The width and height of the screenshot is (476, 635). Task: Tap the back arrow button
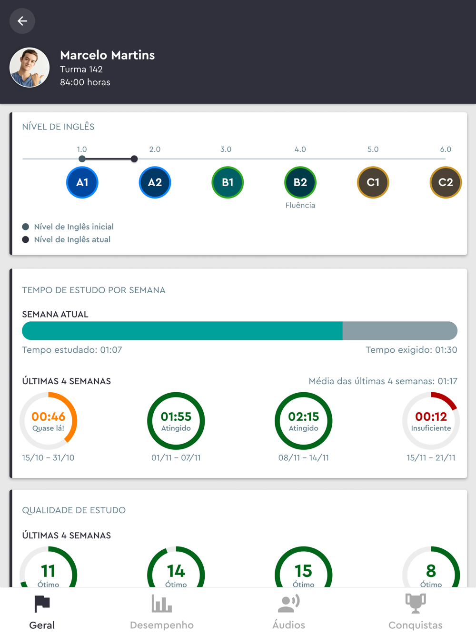(22, 21)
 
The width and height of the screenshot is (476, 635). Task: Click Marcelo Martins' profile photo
(30, 68)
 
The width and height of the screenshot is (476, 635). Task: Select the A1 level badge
(82, 182)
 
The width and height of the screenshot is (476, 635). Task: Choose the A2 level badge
(155, 182)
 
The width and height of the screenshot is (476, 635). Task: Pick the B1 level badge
(228, 182)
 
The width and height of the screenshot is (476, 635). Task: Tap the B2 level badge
(300, 182)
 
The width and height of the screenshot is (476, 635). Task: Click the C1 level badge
(373, 182)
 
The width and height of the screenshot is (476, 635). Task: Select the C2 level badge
(446, 182)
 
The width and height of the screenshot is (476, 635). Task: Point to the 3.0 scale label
(226, 149)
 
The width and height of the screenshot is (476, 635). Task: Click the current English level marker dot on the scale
(134, 159)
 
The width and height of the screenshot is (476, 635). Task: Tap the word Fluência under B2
(300, 205)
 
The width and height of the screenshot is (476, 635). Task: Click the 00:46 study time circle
(49, 421)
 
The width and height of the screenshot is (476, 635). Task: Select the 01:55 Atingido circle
(176, 421)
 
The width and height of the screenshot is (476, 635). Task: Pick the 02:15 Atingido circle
(304, 421)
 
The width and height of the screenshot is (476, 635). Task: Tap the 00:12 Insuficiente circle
(431, 421)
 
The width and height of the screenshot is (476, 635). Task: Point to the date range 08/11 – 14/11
(304, 457)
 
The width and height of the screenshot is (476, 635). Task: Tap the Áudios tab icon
(288, 604)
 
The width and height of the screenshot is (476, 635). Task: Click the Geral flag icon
(42, 604)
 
